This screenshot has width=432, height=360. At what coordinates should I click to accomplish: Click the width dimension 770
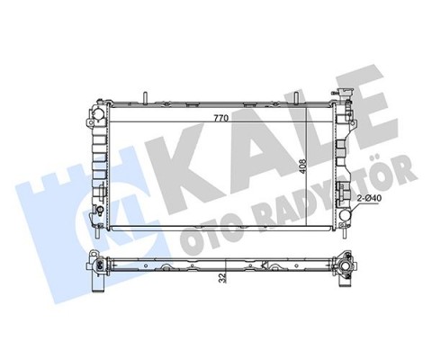(219, 118)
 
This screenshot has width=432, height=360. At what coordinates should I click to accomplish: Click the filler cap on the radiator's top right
(345, 95)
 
